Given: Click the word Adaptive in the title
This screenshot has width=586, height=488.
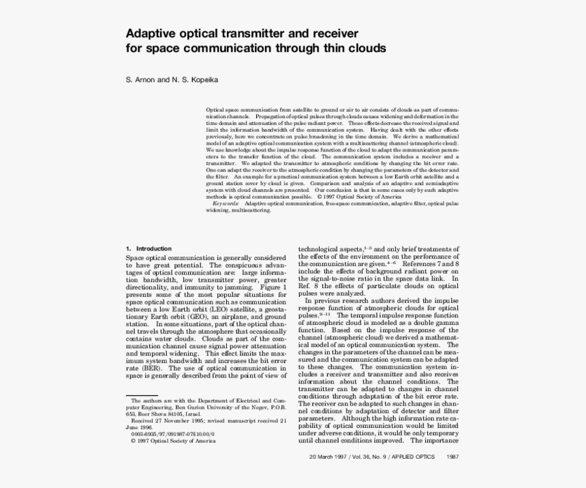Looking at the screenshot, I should [150, 33].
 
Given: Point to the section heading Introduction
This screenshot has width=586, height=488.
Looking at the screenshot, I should [154, 248].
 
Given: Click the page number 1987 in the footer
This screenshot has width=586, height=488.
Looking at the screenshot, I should [452, 457].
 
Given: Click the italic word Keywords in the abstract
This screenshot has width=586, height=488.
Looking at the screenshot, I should [226, 203].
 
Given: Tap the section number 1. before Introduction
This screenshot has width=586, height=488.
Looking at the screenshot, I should [129, 248].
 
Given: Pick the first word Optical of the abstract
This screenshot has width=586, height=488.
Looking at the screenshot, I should [216, 109].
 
